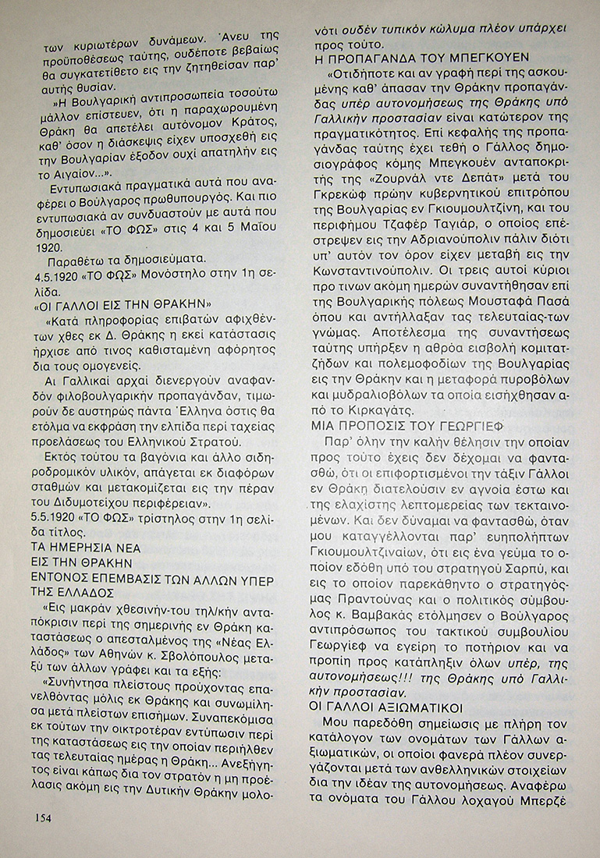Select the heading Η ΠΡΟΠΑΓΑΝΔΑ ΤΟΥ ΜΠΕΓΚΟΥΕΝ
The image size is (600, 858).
point(421,58)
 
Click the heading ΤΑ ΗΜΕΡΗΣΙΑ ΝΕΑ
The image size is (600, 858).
point(86,548)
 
